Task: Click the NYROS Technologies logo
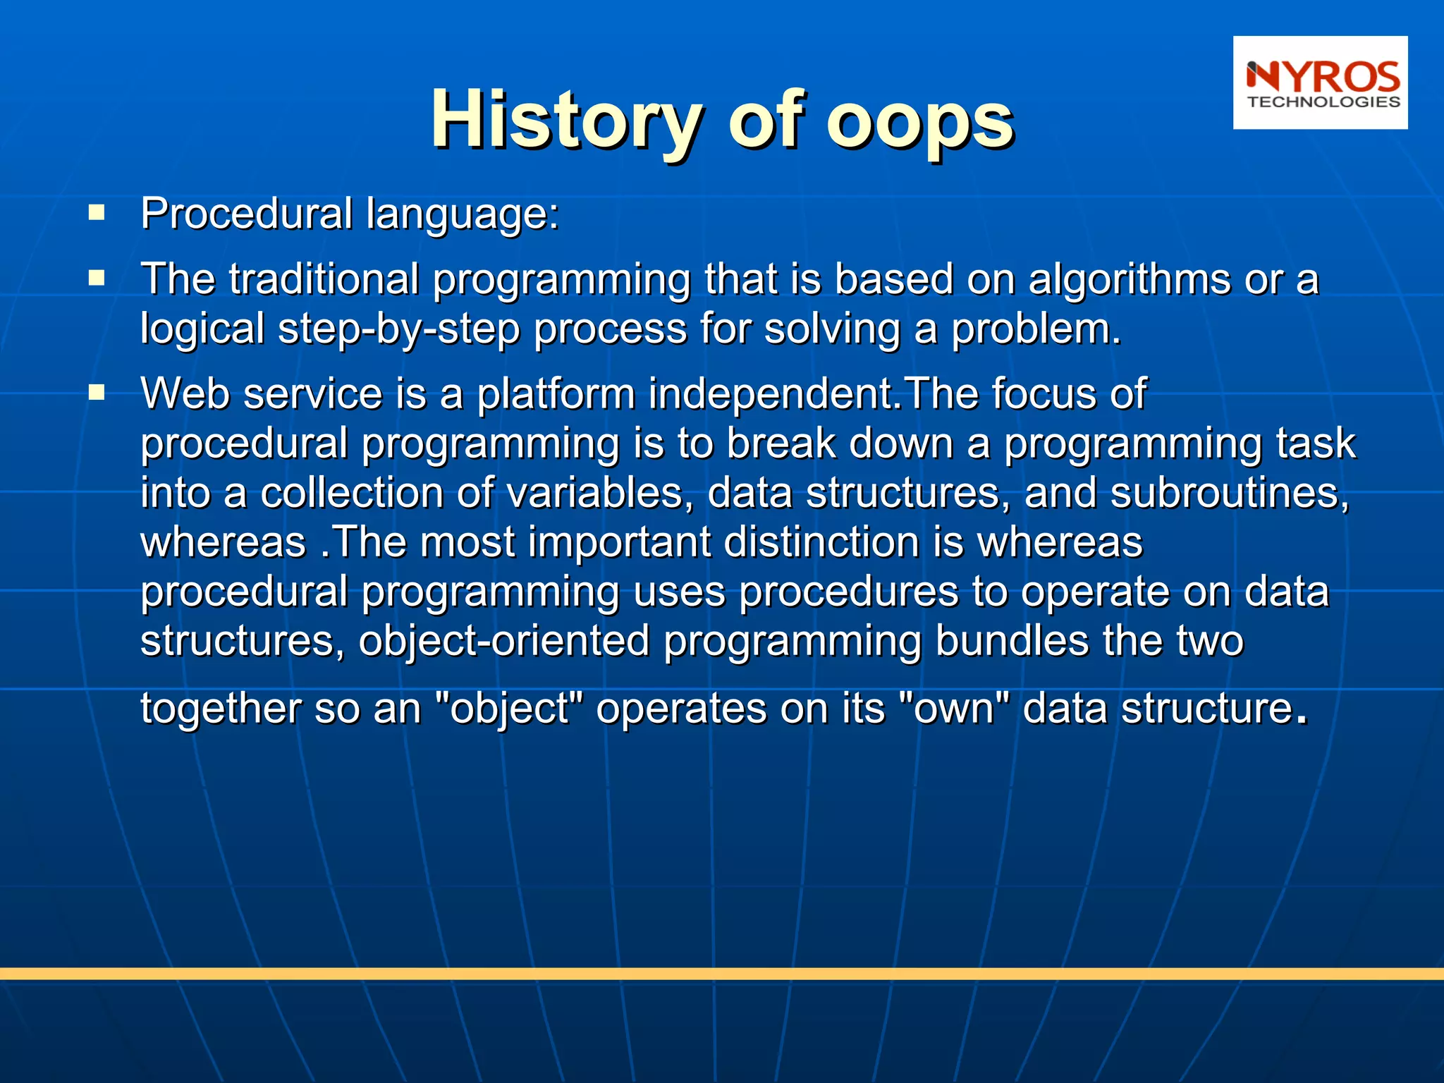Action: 1320,82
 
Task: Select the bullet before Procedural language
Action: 97,213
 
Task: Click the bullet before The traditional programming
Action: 97,279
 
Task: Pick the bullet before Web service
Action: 97,393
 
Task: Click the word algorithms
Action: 1129,279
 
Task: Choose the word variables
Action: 595,492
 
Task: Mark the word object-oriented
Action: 503,641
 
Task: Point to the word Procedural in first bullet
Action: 246,214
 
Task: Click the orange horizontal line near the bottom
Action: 722,974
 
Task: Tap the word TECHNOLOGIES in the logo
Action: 1323,102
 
